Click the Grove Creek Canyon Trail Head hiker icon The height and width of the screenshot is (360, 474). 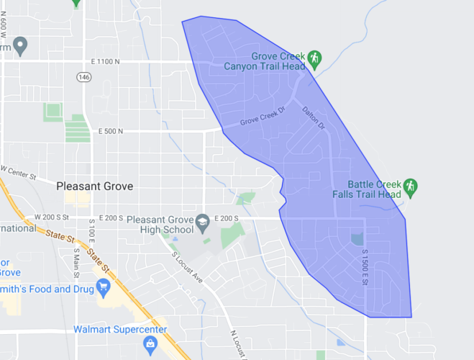point(314,58)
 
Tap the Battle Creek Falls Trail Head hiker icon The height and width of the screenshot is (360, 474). point(410,186)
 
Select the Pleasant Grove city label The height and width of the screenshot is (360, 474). point(94,186)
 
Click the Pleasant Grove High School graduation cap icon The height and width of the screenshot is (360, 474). point(204,220)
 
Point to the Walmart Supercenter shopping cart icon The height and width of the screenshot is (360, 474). point(150,346)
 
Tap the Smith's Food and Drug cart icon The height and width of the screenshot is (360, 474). point(104,289)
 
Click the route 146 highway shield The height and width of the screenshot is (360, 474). point(85,76)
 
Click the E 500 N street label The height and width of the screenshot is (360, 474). point(110,131)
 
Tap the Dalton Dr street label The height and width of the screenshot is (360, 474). point(314,119)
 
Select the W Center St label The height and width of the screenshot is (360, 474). point(20,172)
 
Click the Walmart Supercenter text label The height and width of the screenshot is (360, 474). point(120,330)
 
